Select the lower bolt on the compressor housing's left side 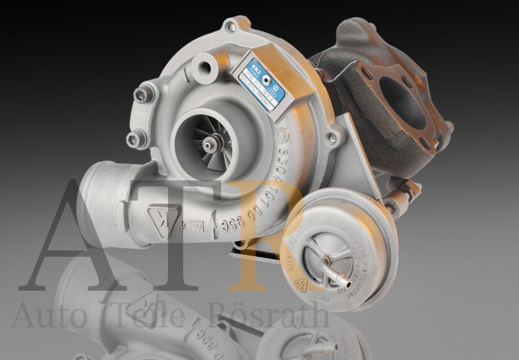pos(134,138)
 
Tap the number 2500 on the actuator pos(322,299)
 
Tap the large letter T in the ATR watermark pos(172,235)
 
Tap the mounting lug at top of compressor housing pos(232,26)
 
